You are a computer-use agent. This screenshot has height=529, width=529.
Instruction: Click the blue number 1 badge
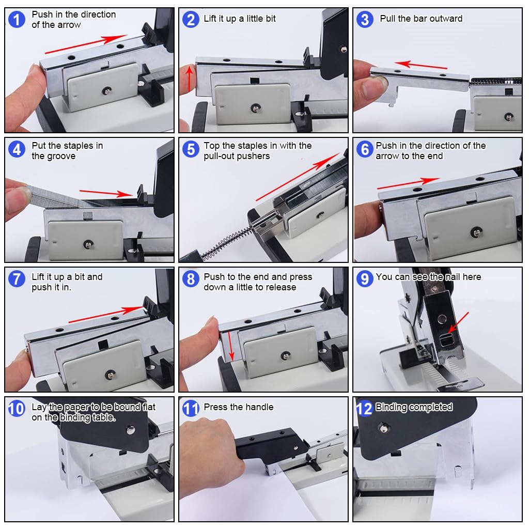pos(17,19)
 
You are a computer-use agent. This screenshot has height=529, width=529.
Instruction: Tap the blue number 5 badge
pos(191,149)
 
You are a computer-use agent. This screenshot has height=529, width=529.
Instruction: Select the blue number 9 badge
pos(365,278)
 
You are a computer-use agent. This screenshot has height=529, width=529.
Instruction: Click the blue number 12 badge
pos(364,409)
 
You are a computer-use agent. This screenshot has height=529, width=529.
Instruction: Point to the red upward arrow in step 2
pos(190,79)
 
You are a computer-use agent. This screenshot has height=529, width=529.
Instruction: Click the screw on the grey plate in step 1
pos(107,90)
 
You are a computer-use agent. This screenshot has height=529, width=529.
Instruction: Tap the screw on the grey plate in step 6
pos(476,232)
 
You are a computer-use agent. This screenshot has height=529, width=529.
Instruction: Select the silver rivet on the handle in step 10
pos(130,430)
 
